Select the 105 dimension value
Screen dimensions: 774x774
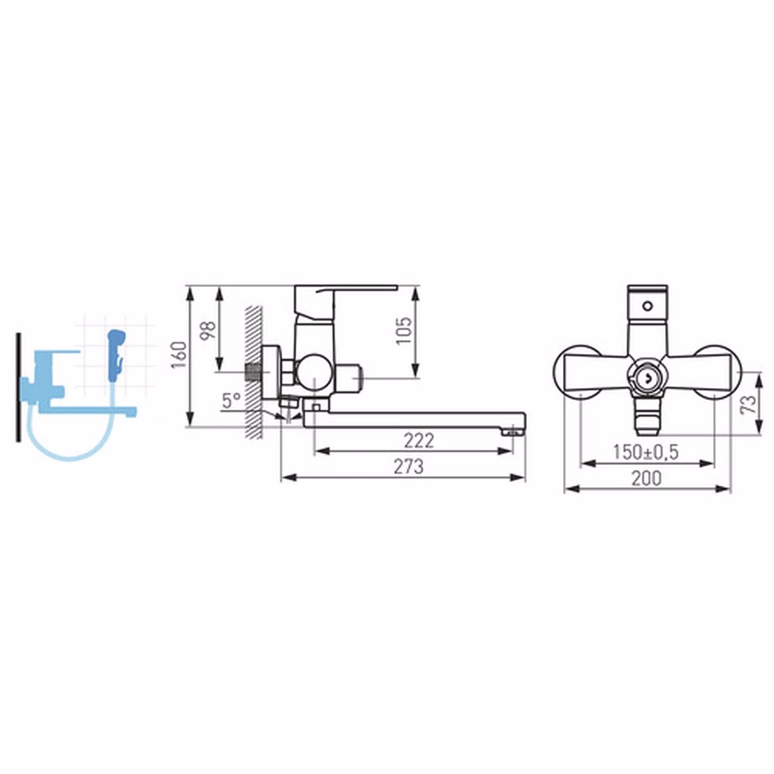click(x=404, y=331)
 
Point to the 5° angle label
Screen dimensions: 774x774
click(x=232, y=401)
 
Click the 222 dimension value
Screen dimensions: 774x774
click(x=419, y=441)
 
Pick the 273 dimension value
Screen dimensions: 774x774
click(x=408, y=466)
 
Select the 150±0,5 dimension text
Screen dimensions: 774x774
click(x=646, y=452)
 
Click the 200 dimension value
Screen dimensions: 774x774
click(x=646, y=478)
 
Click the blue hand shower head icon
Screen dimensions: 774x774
click(x=117, y=355)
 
